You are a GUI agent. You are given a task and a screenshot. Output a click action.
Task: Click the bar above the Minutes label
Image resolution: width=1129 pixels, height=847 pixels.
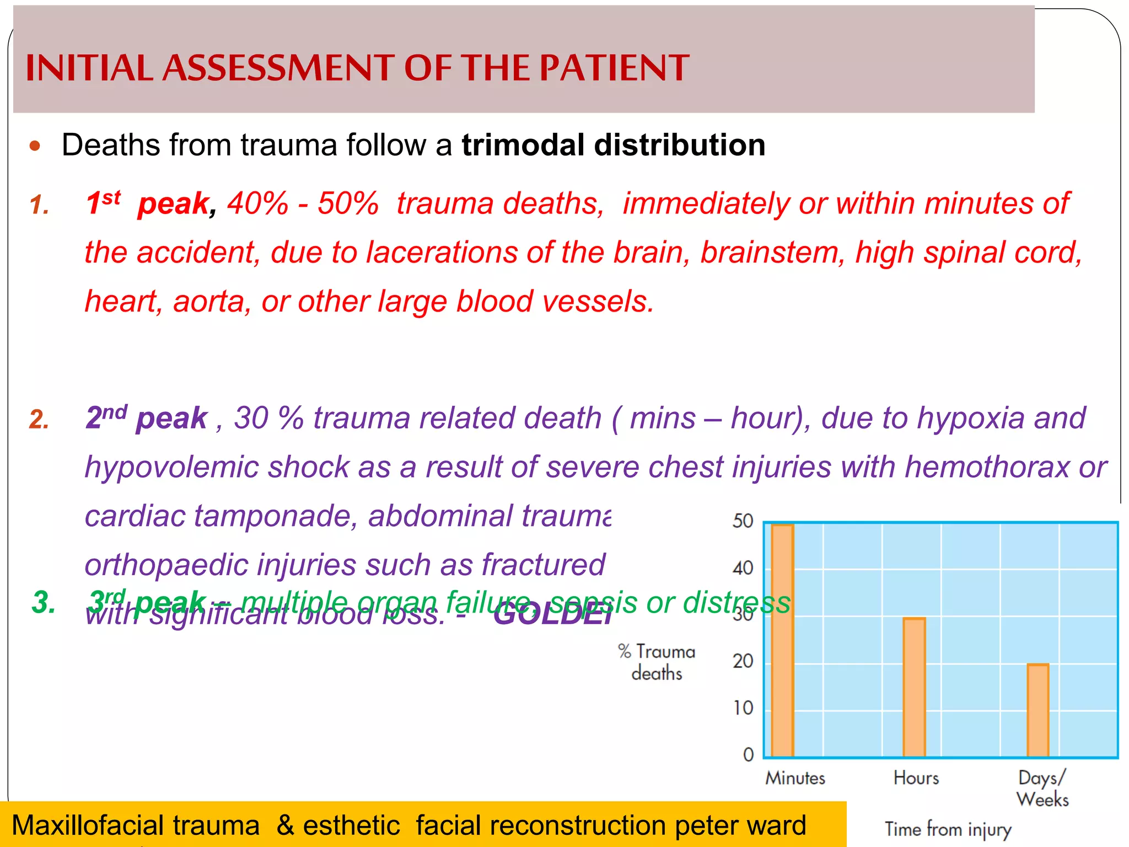click(x=782, y=640)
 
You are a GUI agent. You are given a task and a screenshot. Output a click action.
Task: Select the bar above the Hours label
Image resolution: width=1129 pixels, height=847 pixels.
click(x=914, y=687)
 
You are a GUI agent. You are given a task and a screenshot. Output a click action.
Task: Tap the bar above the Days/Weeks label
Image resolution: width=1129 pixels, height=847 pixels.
click(x=1037, y=710)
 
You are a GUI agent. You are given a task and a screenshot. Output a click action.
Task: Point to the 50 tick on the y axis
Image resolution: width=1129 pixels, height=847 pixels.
click(x=743, y=521)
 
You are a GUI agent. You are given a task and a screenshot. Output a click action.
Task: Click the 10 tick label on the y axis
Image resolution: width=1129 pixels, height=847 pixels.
click(x=743, y=708)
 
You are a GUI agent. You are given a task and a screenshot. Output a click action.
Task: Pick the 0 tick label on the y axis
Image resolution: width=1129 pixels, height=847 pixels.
click(x=748, y=754)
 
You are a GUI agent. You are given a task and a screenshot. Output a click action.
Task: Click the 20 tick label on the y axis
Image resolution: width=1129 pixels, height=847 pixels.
click(x=743, y=661)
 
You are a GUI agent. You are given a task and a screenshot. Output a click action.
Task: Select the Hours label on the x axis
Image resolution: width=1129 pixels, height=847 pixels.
click(x=916, y=778)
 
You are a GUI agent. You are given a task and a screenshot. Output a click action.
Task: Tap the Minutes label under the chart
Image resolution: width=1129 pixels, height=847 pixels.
click(x=795, y=778)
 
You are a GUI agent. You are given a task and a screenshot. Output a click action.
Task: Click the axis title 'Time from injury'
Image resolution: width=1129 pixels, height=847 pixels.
click(x=948, y=829)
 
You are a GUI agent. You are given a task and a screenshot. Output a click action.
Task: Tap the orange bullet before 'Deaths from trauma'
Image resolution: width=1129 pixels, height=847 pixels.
click(x=35, y=146)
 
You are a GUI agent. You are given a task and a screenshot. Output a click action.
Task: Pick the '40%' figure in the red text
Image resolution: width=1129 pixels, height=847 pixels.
click(x=257, y=203)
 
